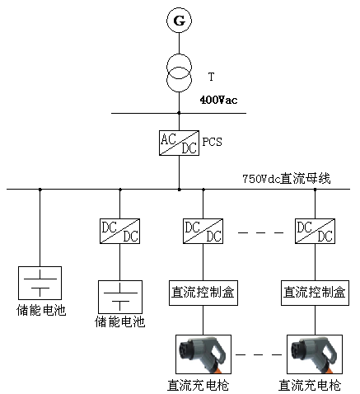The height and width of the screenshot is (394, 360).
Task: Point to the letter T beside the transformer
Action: click(211, 77)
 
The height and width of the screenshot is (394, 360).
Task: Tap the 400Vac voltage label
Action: click(218, 100)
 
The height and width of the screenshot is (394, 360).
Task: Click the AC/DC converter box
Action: click(179, 143)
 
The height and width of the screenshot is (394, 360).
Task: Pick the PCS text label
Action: click(212, 142)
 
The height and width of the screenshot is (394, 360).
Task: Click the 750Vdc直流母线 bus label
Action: click(287, 179)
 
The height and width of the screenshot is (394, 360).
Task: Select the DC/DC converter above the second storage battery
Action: click(119, 231)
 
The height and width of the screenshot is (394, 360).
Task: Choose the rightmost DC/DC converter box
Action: click(315, 231)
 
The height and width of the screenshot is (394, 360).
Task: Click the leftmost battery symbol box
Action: click(40, 283)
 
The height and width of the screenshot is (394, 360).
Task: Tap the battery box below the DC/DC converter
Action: click(120, 297)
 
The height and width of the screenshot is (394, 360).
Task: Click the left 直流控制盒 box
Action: click(203, 293)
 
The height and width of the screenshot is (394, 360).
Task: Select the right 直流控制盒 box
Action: click(315, 293)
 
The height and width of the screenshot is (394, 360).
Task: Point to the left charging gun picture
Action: click(203, 354)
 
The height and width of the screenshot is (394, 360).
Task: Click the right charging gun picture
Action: click(315, 354)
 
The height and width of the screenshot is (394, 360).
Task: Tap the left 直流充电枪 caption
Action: click(199, 385)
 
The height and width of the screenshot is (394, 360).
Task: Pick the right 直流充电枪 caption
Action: click(310, 385)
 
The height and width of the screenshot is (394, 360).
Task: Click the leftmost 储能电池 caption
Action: click(41, 311)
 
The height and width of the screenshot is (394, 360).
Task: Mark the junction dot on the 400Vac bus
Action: click(179, 113)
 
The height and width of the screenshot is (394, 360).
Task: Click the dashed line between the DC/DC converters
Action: click(260, 232)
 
